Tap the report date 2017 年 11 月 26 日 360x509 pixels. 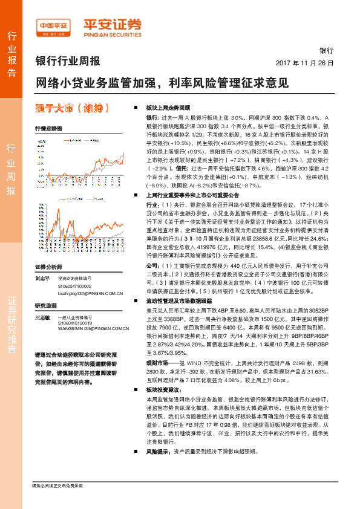coord(304,63)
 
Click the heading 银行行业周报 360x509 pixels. coord(68,61)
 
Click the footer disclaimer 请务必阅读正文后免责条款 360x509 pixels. coord(57,503)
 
